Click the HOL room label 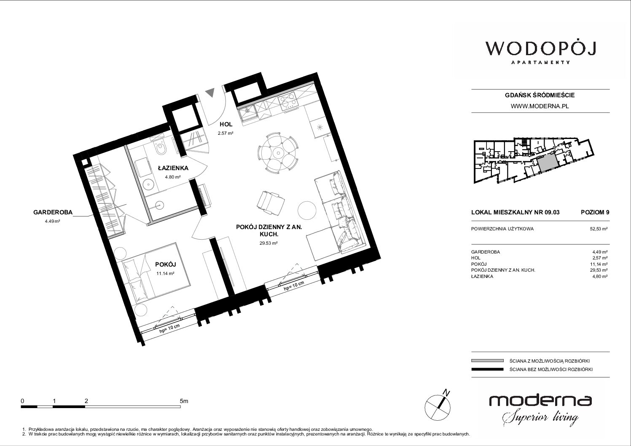(x=226, y=124)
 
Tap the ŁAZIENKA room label (x=173, y=168)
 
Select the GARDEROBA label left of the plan (x=53, y=212)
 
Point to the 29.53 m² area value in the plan (x=269, y=243)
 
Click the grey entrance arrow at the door (x=210, y=92)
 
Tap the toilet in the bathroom (x=161, y=148)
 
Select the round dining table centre (x=278, y=153)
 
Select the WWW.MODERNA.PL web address (x=540, y=106)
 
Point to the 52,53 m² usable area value (x=599, y=229)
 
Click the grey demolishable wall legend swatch (x=488, y=361)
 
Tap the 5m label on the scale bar (x=184, y=401)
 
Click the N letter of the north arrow (x=446, y=392)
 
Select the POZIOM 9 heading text (x=595, y=212)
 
